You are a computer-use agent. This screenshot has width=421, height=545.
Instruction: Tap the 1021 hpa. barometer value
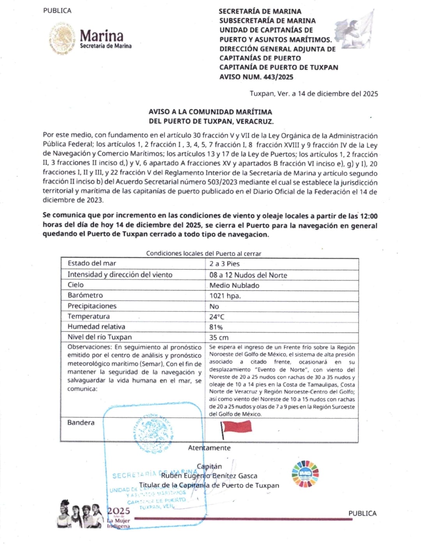[x=225, y=296]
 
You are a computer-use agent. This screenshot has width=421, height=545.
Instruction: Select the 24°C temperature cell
[x=217, y=317]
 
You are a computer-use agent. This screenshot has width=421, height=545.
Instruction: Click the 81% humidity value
[x=216, y=327]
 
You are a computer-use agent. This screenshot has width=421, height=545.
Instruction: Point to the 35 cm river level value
[x=219, y=337]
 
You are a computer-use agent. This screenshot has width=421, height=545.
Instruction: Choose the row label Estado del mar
[x=92, y=263]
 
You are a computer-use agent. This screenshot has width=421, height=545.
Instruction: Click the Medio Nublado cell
[x=234, y=286]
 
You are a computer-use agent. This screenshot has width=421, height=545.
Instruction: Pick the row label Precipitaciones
[x=92, y=306]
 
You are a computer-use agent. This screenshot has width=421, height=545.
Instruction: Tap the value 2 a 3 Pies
[x=224, y=264]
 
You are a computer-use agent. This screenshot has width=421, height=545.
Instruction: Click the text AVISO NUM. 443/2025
[x=256, y=77]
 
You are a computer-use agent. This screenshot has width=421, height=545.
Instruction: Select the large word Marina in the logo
[x=101, y=36]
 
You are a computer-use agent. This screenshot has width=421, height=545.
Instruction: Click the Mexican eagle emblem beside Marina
[x=62, y=38]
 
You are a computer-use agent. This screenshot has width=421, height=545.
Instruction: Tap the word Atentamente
[x=209, y=448]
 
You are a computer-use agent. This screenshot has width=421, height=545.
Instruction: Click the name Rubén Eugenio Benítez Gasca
[x=209, y=476]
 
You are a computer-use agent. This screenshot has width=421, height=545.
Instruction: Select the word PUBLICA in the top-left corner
[x=57, y=11]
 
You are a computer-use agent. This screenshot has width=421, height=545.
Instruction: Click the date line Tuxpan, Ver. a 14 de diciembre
[x=314, y=94]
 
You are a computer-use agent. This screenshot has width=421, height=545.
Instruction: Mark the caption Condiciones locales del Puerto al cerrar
[x=203, y=254]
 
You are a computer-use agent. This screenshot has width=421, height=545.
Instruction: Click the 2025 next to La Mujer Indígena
[x=119, y=511]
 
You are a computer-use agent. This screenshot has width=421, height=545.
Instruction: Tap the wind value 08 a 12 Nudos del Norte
[x=248, y=275]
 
